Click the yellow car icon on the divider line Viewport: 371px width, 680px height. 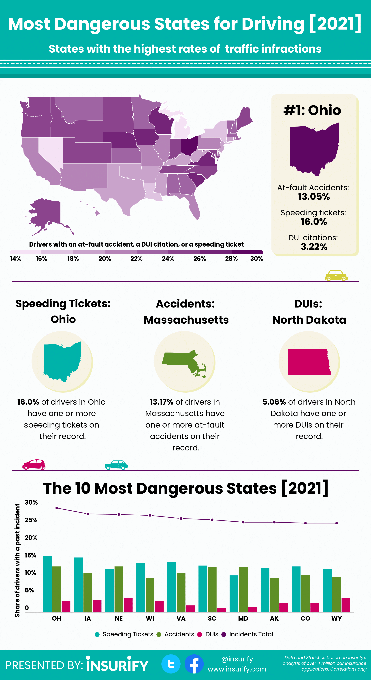(336, 276)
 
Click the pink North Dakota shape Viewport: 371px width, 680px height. (309, 362)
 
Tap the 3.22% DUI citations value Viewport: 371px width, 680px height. (314, 247)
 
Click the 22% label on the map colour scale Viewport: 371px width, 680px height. (136, 259)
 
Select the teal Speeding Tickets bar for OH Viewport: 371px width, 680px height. (47, 584)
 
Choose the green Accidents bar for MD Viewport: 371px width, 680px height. (243, 589)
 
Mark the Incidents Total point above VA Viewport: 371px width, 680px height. (181, 519)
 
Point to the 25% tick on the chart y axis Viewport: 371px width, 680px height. (31, 520)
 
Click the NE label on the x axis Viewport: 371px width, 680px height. (119, 618)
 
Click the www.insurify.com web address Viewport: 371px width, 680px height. (237, 669)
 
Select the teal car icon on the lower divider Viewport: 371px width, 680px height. (116, 465)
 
